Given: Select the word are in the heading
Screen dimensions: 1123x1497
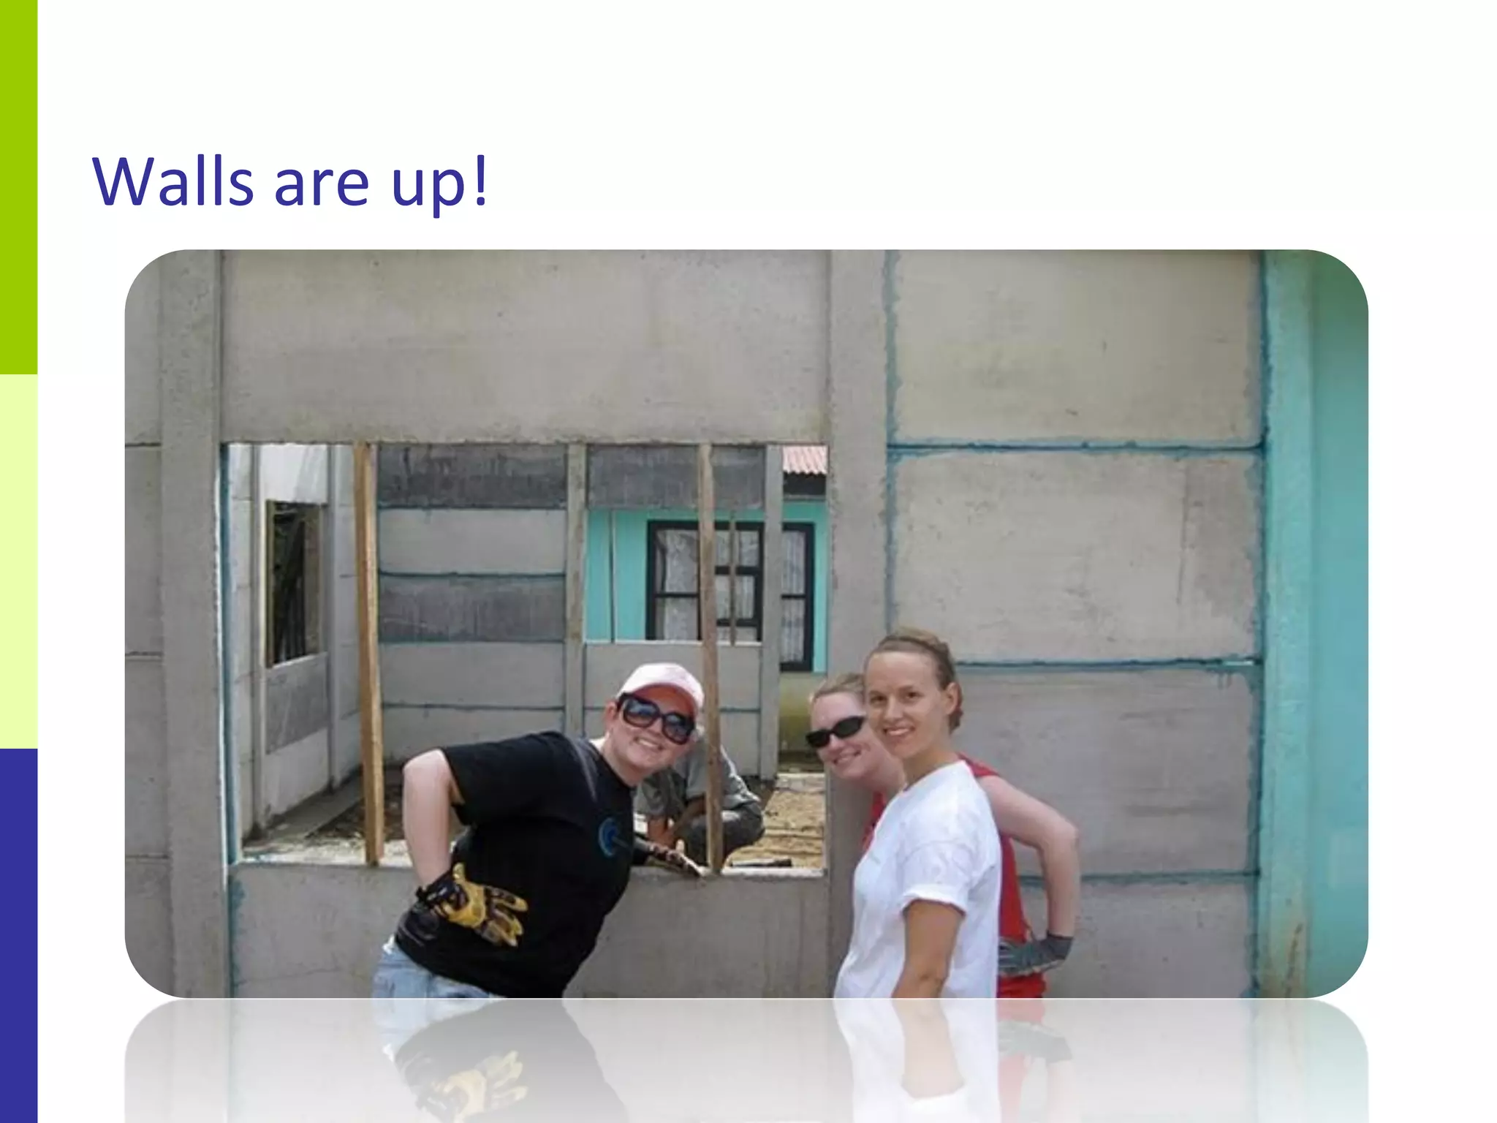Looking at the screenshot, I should pos(322,186).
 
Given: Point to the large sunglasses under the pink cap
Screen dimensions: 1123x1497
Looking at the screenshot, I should pos(656,716).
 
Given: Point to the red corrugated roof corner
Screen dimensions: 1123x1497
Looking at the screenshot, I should pos(805,460).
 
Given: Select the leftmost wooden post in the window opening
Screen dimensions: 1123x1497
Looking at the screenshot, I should pos(369,651).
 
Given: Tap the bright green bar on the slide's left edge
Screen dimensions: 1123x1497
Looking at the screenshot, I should pos(18,186).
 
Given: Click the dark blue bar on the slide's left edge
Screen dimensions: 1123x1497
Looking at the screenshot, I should pos(18,936).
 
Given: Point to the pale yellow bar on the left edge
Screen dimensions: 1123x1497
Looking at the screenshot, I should pos(18,561).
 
